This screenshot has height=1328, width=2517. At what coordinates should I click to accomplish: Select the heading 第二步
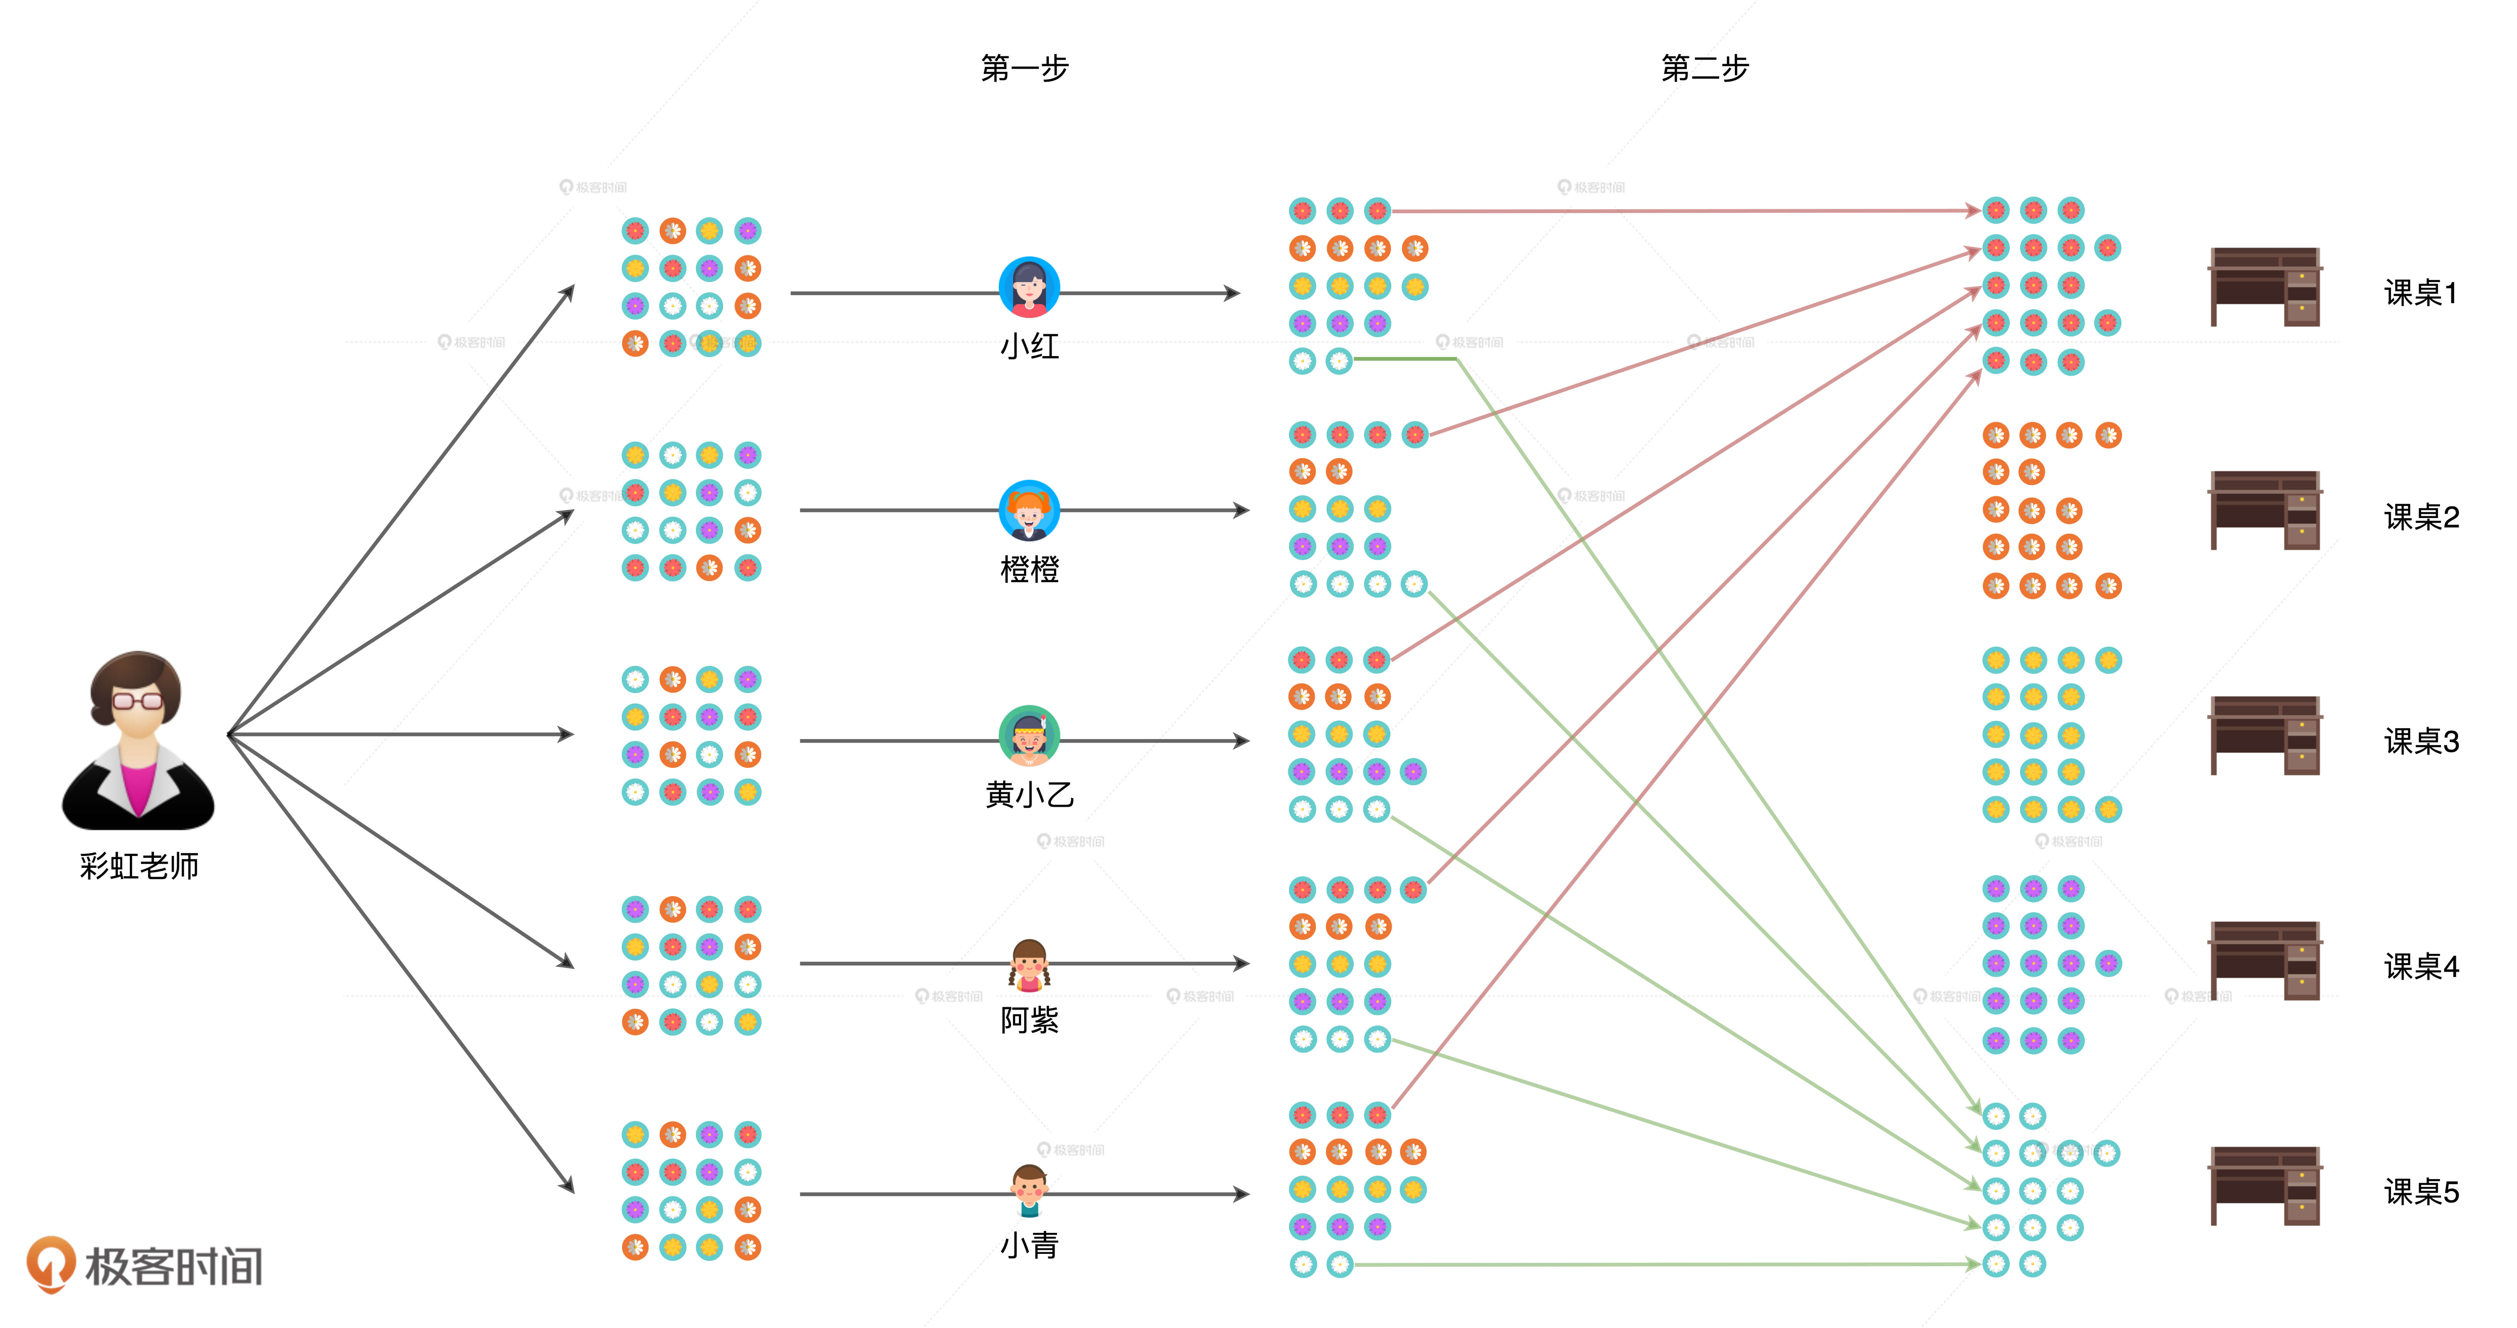pyautogui.click(x=1705, y=69)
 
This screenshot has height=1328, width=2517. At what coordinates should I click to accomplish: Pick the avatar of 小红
pyautogui.click(x=1029, y=287)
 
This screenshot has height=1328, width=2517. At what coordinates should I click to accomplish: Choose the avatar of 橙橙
pyautogui.click(x=1029, y=510)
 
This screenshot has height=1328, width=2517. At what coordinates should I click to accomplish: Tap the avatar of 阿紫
pyautogui.click(x=1029, y=964)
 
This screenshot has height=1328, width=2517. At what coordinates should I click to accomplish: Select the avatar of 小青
pyautogui.click(x=1029, y=1189)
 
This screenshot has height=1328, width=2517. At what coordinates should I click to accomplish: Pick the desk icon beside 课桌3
pyautogui.click(x=2265, y=736)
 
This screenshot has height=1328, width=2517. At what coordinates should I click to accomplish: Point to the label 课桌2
pyautogui.click(x=2421, y=517)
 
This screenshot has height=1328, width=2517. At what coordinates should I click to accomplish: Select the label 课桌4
pyautogui.click(x=2421, y=966)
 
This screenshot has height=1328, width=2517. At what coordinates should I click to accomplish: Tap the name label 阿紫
pyautogui.click(x=1029, y=1020)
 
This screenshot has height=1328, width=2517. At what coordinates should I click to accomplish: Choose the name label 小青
pyautogui.click(x=1029, y=1245)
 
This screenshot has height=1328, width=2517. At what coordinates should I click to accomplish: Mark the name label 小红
pyautogui.click(x=1029, y=346)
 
